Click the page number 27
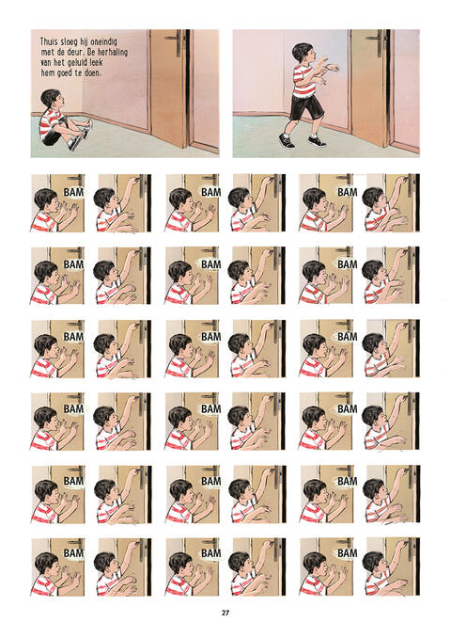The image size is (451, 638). click(x=225, y=613)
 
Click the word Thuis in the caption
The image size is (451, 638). click(x=49, y=41)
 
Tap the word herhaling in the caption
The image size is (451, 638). click(x=113, y=53)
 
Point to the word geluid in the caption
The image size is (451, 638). click(x=75, y=63)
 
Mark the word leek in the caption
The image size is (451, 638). click(x=97, y=63)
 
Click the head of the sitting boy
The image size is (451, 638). click(x=51, y=99)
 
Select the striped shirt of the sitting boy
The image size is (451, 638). click(x=50, y=123)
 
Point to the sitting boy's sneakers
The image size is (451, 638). click(x=81, y=136)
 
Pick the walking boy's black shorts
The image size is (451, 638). click(x=306, y=106)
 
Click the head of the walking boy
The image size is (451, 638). click(x=303, y=53)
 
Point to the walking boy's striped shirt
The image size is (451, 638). click(x=305, y=80)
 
